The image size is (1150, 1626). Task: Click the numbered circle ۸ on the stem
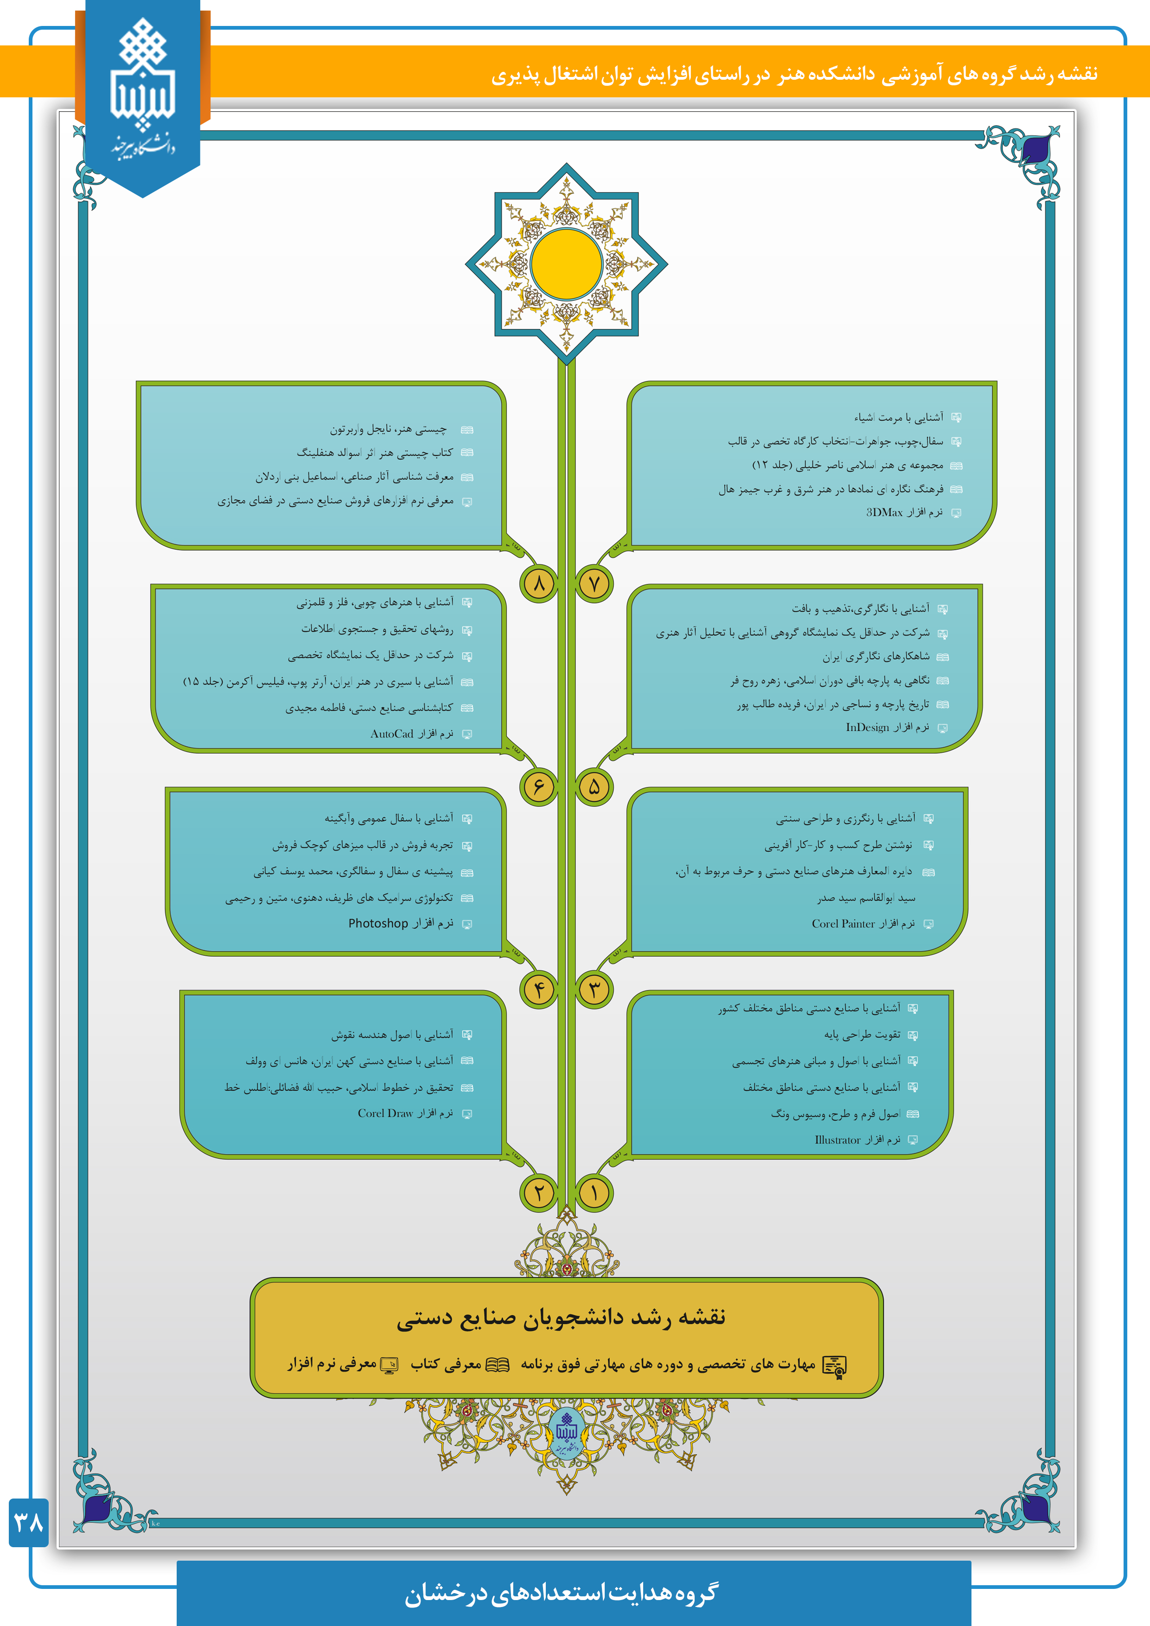pos(539,584)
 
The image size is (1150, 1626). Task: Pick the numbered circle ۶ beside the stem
pos(539,787)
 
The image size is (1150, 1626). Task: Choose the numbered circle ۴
pos(539,989)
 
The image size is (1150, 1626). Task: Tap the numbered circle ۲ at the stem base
pos(539,1193)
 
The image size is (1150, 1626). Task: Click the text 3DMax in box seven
pos(884,512)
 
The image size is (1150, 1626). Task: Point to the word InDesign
pos(867,727)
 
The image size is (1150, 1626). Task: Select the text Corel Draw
pos(385,1113)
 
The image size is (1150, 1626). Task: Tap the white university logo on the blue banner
pos(142,85)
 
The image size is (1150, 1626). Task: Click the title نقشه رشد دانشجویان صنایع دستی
pos(561,1318)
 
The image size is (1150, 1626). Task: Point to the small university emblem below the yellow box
pos(566,1433)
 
